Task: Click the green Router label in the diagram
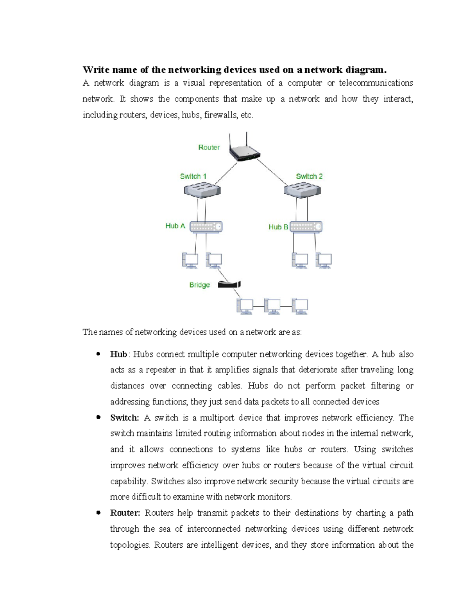coord(209,148)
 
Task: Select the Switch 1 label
coord(193,177)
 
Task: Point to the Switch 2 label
coord(309,177)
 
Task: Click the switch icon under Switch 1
coord(202,191)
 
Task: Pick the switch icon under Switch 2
coord(302,191)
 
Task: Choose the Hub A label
coord(175,226)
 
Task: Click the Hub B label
coord(278,227)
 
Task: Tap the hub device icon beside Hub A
coord(206,227)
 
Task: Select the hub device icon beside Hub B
coord(306,227)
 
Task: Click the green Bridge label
coord(199,285)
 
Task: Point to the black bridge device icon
coord(229,284)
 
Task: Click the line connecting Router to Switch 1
coord(226,174)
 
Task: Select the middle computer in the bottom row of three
coord(272,306)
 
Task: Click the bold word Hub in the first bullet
coord(118,354)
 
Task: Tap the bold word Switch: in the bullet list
coord(124,418)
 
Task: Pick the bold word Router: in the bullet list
coord(125,513)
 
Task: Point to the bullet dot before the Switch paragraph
coord(98,417)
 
